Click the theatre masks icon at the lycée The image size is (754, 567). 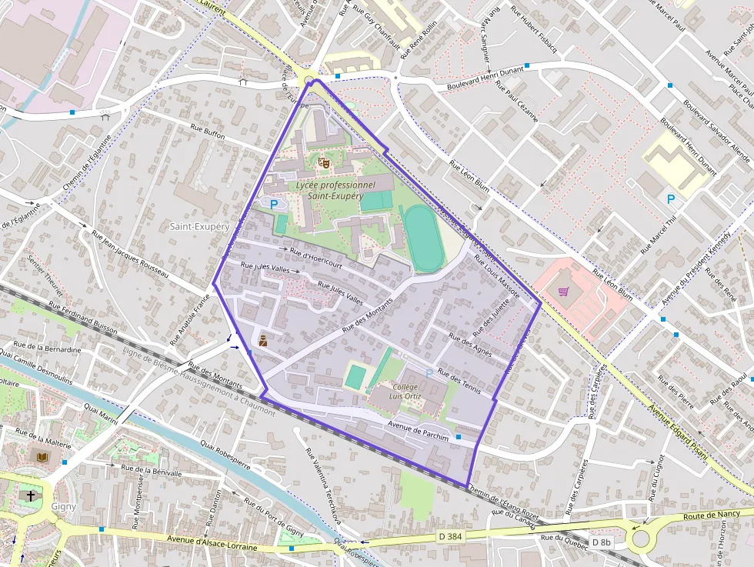coord(323,162)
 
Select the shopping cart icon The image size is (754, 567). coord(564,292)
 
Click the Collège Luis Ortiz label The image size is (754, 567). coord(405,392)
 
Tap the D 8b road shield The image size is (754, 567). coord(601,542)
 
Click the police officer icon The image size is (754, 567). coord(262,339)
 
